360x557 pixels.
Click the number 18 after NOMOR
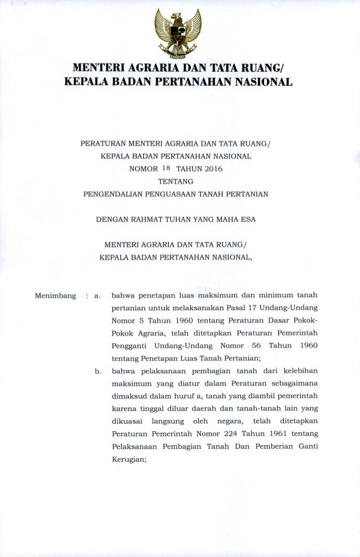pyautogui.click(x=162, y=167)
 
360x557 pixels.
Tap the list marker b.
pyautogui.click(x=97, y=372)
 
